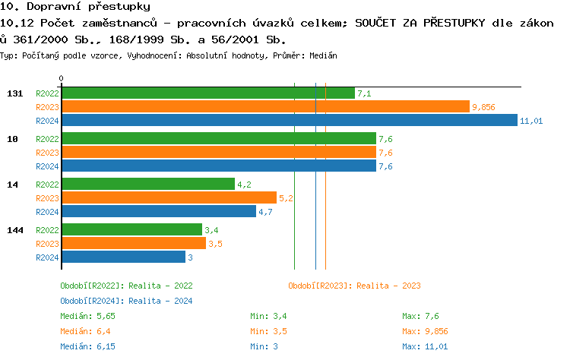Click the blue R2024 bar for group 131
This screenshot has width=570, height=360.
click(289, 121)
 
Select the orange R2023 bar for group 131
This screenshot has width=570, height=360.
click(265, 107)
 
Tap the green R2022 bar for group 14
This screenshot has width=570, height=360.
click(148, 184)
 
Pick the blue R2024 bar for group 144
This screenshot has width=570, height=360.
click(123, 257)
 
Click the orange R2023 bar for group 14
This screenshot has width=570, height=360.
click(169, 198)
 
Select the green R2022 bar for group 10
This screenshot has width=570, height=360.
click(219, 138)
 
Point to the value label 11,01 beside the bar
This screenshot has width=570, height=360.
click(531, 121)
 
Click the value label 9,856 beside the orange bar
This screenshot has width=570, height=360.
click(483, 107)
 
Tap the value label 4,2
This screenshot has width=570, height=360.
click(244, 184)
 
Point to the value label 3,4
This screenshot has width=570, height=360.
click(212, 229)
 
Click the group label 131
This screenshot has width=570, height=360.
click(14, 93)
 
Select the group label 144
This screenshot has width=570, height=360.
click(14, 229)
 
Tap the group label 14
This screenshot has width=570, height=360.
click(12, 184)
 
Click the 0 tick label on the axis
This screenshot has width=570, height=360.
click(62, 79)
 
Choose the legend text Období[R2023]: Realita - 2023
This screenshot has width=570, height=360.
click(354, 286)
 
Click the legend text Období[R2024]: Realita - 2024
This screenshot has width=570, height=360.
click(126, 301)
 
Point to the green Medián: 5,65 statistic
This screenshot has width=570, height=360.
click(87, 316)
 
